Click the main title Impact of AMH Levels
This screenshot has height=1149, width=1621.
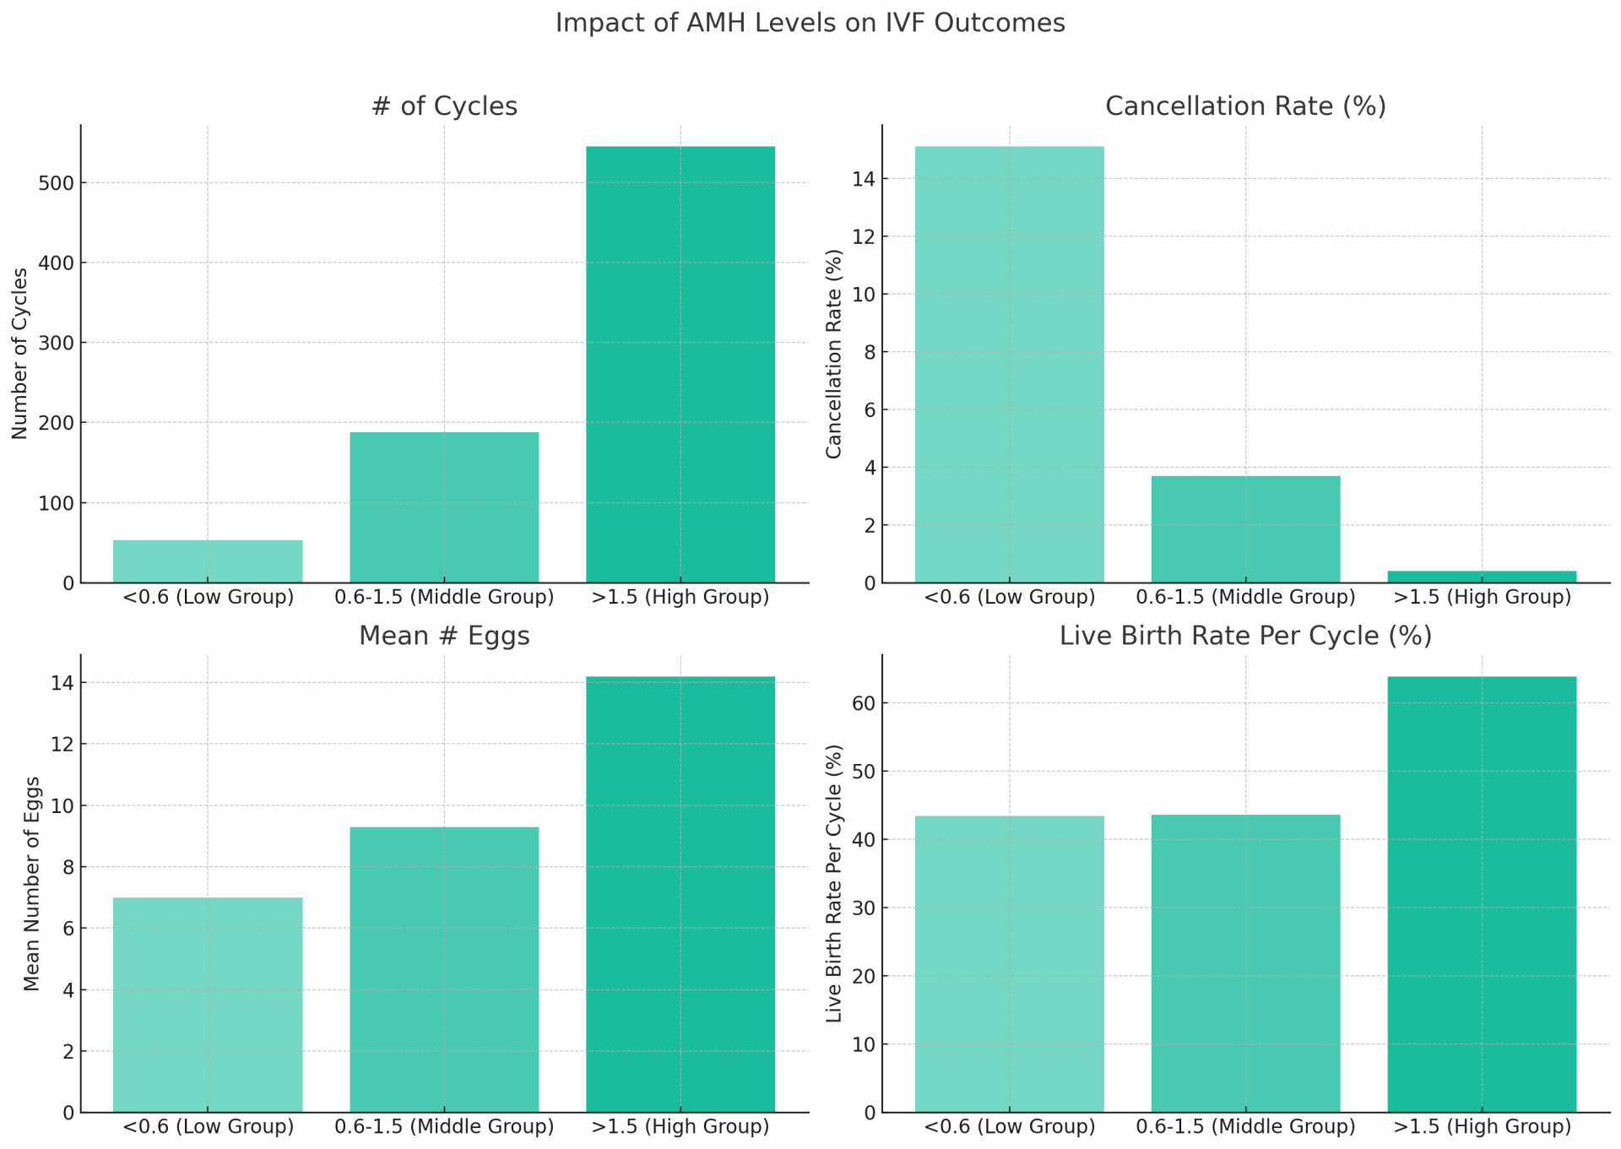[x=810, y=23]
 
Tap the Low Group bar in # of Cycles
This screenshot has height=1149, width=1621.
[x=208, y=561]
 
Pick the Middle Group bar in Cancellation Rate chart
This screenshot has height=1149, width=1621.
[x=1245, y=529]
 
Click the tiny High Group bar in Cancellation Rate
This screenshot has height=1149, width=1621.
[x=1482, y=577]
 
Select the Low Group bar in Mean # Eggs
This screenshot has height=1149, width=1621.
[x=208, y=1005]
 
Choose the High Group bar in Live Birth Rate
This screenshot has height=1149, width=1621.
[x=1482, y=894]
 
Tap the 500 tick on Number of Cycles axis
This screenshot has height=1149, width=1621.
[x=56, y=183]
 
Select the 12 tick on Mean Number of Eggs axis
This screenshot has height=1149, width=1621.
[x=62, y=745]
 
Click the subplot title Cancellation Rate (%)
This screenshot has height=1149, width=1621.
[x=1245, y=106]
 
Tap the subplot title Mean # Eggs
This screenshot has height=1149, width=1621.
[x=444, y=636]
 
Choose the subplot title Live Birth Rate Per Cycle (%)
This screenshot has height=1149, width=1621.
[x=1245, y=636]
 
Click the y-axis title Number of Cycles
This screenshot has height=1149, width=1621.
[x=20, y=354]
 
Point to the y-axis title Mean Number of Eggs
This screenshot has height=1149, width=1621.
[x=32, y=883]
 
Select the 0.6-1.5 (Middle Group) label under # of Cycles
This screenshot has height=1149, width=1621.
[x=444, y=598]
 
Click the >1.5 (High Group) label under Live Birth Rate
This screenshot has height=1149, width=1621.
[x=1482, y=1127]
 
